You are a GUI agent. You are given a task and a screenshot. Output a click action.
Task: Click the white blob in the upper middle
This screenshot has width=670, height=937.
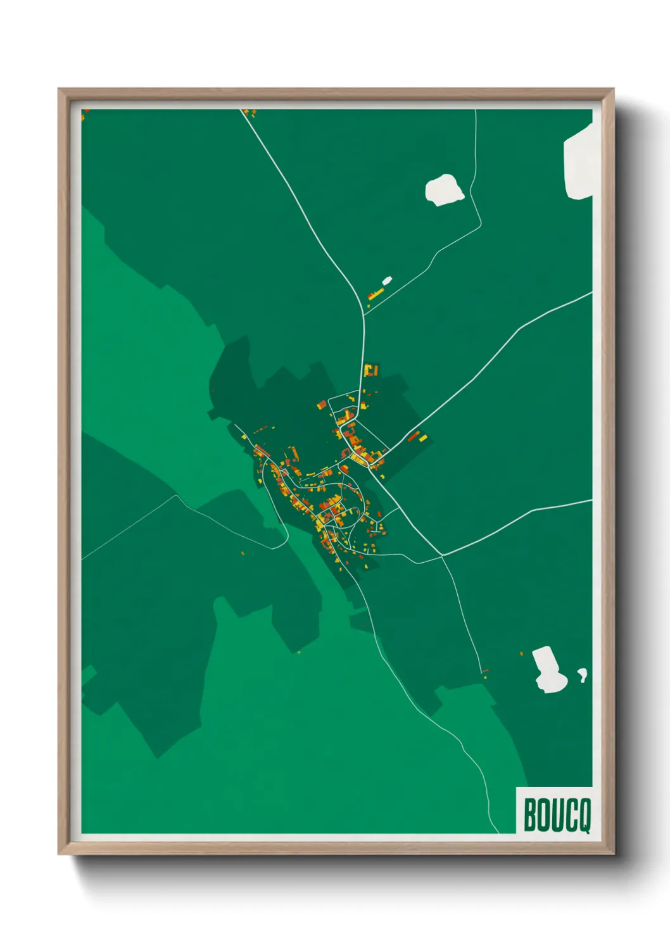point(444,189)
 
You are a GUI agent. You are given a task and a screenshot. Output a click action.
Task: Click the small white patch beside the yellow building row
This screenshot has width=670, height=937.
point(386,280)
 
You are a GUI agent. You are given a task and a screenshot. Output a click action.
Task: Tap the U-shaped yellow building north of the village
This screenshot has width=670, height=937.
point(371,369)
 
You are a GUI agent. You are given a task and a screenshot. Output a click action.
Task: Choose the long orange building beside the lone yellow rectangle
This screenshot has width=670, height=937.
point(414,436)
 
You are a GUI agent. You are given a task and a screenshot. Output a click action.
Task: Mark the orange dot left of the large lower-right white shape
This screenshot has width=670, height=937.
point(521,653)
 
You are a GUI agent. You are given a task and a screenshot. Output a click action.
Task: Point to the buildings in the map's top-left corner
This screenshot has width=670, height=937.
point(85,113)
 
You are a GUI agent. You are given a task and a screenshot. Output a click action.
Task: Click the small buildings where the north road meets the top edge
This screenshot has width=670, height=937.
point(251,113)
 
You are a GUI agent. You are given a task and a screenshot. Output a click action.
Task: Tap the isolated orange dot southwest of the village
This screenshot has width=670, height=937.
point(243,553)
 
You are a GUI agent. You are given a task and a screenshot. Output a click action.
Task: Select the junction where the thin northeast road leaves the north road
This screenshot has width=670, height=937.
point(365,311)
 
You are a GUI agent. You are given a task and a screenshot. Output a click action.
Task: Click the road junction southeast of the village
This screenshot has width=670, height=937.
point(441,556)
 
